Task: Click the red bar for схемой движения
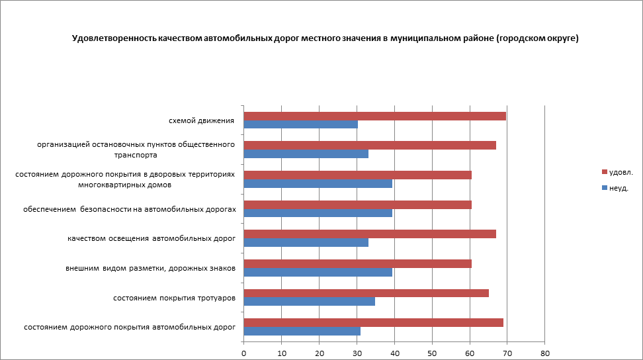pyautogui.click(x=374, y=116)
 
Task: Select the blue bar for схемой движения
pyautogui.click(x=301, y=124)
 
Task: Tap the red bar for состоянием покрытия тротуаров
pyautogui.click(x=366, y=293)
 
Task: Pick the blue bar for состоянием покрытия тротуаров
pyautogui.click(x=309, y=302)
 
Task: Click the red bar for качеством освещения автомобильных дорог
pyautogui.click(x=370, y=234)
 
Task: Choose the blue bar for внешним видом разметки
pyautogui.click(x=318, y=272)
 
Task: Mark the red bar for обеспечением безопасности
pyautogui.click(x=357, y=204)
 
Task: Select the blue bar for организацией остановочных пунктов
pyautogui.click(x=306, y=154)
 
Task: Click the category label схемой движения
pyautogui.click(x=202, y=120)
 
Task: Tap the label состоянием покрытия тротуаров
pyautogui.click(x=175, y=298)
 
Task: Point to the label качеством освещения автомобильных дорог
pyautogui.click(x=151, y=238)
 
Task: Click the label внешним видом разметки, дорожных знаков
pyautogui.click(x=150, y=268)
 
